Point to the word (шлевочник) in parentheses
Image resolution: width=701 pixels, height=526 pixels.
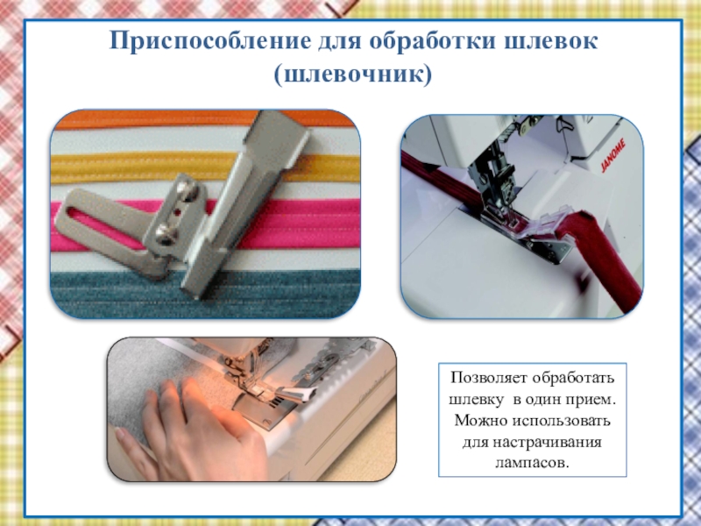[x=353, y=75]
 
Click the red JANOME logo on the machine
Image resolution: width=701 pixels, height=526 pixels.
[x=612, y=155]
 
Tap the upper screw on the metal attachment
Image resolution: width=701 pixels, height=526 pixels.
[x=184, y=187]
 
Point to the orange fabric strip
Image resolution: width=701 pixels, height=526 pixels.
[x=157, y=118]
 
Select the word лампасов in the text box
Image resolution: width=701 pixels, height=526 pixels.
[x=533, y=462]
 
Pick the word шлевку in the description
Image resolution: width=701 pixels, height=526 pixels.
[x=476, y=400]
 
